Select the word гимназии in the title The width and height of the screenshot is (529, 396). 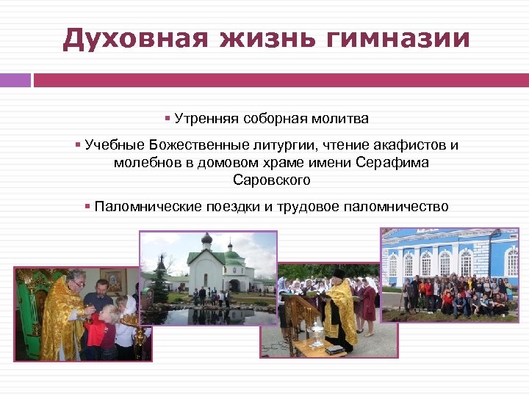pyautogui.click(x=389, y=38)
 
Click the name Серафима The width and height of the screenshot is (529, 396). pyautogui.click(x=392, y=162)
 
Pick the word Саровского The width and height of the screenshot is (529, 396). pyautogui.click(x=271, y=180)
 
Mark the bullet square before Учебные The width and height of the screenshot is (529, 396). pyautogui.click(x=77, y=144)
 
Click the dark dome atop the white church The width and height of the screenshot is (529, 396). pyautogui.click(x=206, y=239)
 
